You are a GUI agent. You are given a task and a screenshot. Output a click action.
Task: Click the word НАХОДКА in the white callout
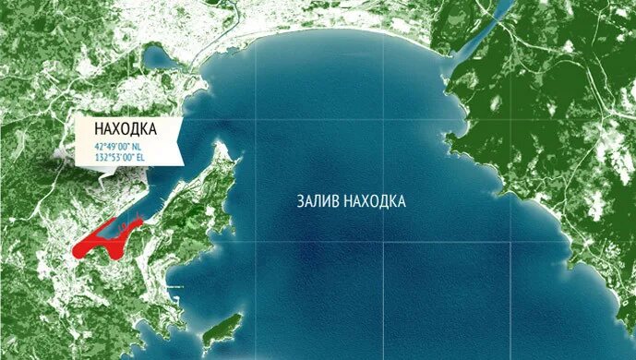126,129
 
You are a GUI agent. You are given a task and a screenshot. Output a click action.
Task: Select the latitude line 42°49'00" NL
115,147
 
